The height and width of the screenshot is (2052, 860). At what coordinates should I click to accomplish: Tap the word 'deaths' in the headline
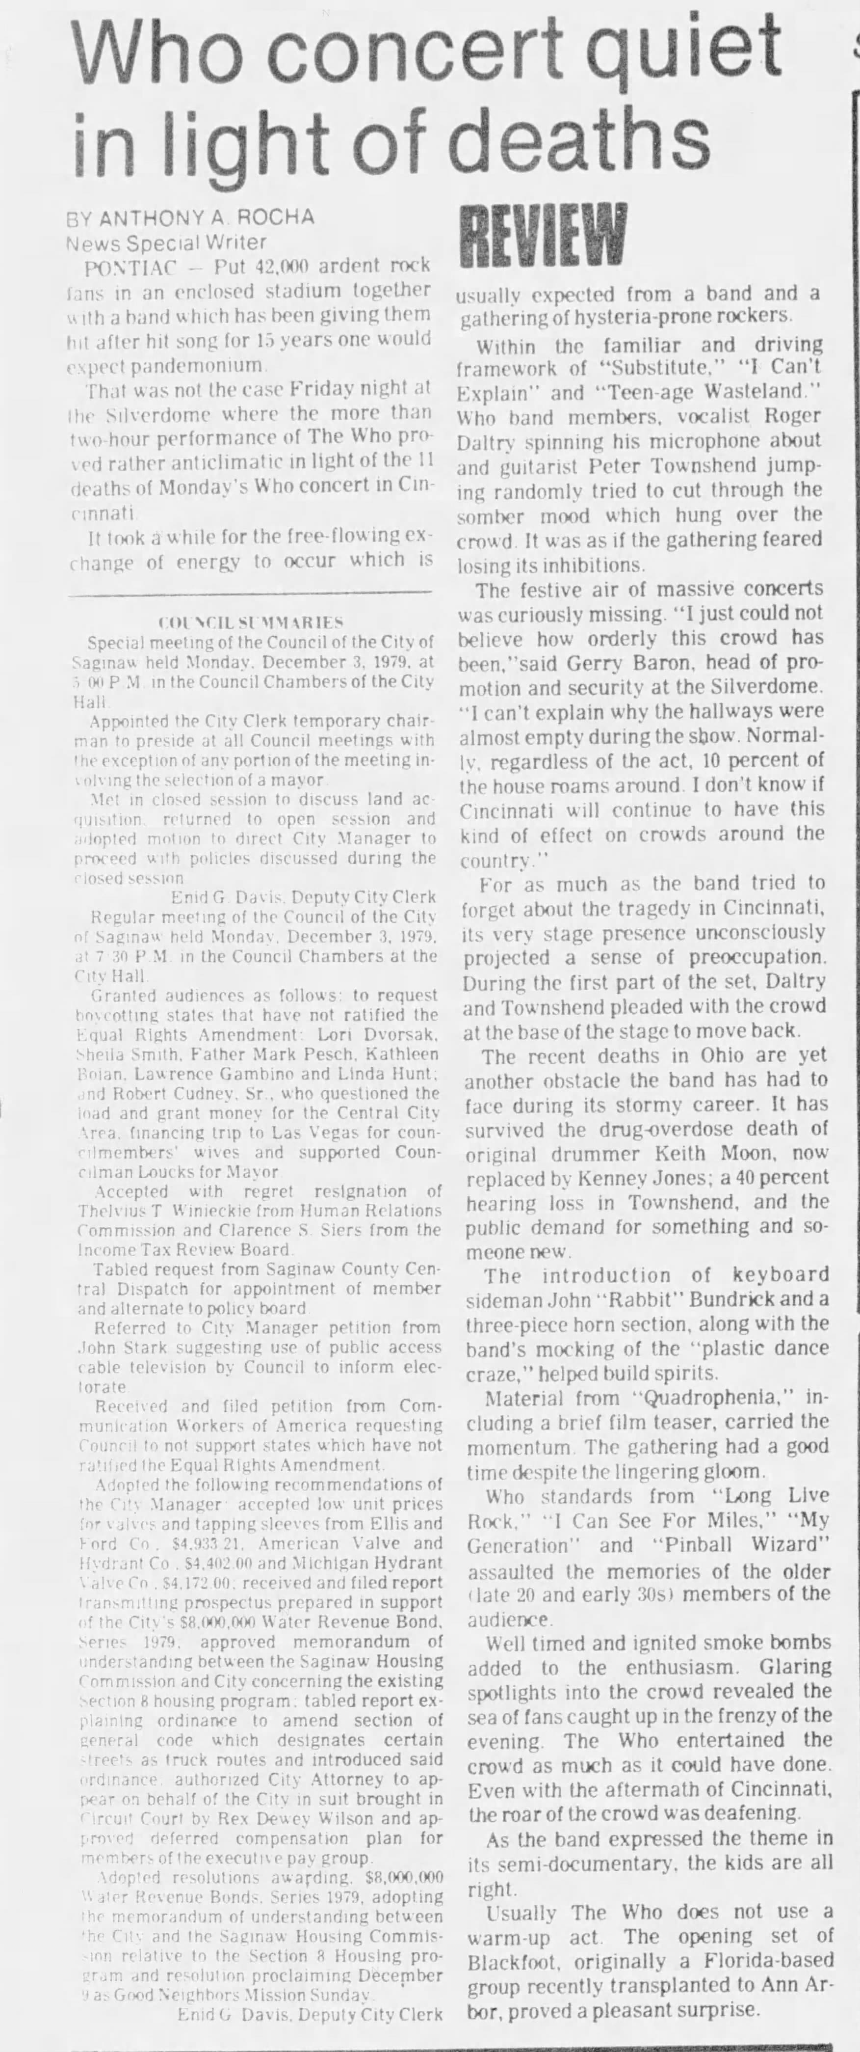581,135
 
